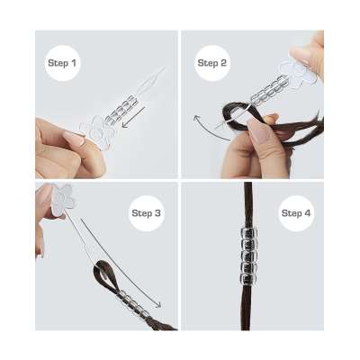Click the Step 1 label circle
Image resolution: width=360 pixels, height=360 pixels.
click(62, 63)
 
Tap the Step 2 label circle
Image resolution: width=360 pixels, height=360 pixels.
click(212, 63)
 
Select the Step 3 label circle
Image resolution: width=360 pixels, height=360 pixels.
click(146, 213)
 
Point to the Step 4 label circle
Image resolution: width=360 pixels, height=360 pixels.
click(296, 213)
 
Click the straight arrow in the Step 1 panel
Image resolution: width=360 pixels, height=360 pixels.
click(134, 117)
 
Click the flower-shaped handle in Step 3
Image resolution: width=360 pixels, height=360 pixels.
click(62, 199)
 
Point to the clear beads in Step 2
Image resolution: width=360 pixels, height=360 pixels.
click(268, 89)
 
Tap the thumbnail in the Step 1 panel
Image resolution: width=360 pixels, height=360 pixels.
click(74, 139)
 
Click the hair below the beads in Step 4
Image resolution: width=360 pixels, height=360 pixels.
click(247, 307)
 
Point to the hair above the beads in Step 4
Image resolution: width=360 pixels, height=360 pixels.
click(247, 205)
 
